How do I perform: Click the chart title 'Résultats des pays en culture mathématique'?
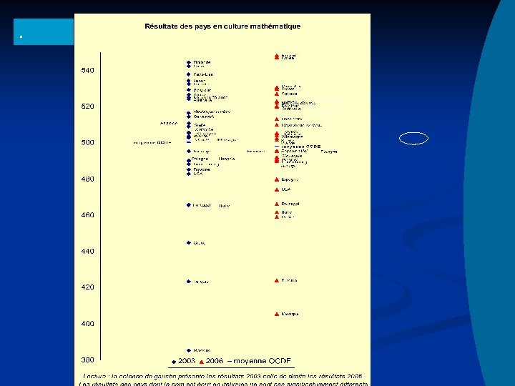pyautogui.click(x=222, y=26)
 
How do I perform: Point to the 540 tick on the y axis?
pyautogui.click(x=87, y=71)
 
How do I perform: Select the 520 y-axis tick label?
pyautogui.click(x=87, y=107)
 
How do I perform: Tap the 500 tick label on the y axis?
pyautogui.click(x=87, y=143)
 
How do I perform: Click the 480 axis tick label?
pyautogui.click(x=87, y=179)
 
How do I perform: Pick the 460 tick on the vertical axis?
pyautogui.click(x=87, y=215)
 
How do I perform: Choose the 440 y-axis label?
pyautogui.click(x=87, y=252)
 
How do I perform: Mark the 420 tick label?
pyautogui.click(x=87, y=287)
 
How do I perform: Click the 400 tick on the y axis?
pyautogui.click(x=87, y=324)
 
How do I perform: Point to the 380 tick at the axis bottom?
pyautogui.click(x=87, y=360)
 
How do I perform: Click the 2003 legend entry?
pyautogui.click(x=185, y=361)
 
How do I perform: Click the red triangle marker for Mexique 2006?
pyautogui.click(x=276, y=314)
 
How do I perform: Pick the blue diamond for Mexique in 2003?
pyautogui.click(x=188, y=350)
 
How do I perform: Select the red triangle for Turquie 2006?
pyautogui.click(x=276, y=281)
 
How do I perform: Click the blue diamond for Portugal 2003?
pyautogui.click(x=188, y=205)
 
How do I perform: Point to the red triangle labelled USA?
pyautogui.click(x=276, y=190)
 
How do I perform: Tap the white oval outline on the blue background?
pyautogui.click(x=413, y=139)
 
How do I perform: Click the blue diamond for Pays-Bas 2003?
pyautogui.click(x=188, y=74)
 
